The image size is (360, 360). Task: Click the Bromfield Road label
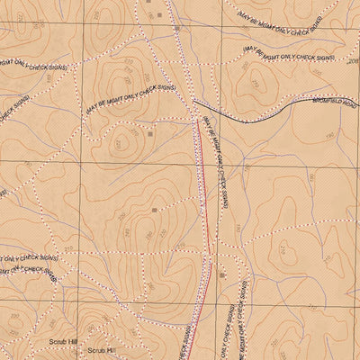334,105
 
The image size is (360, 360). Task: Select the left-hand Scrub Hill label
64,342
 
